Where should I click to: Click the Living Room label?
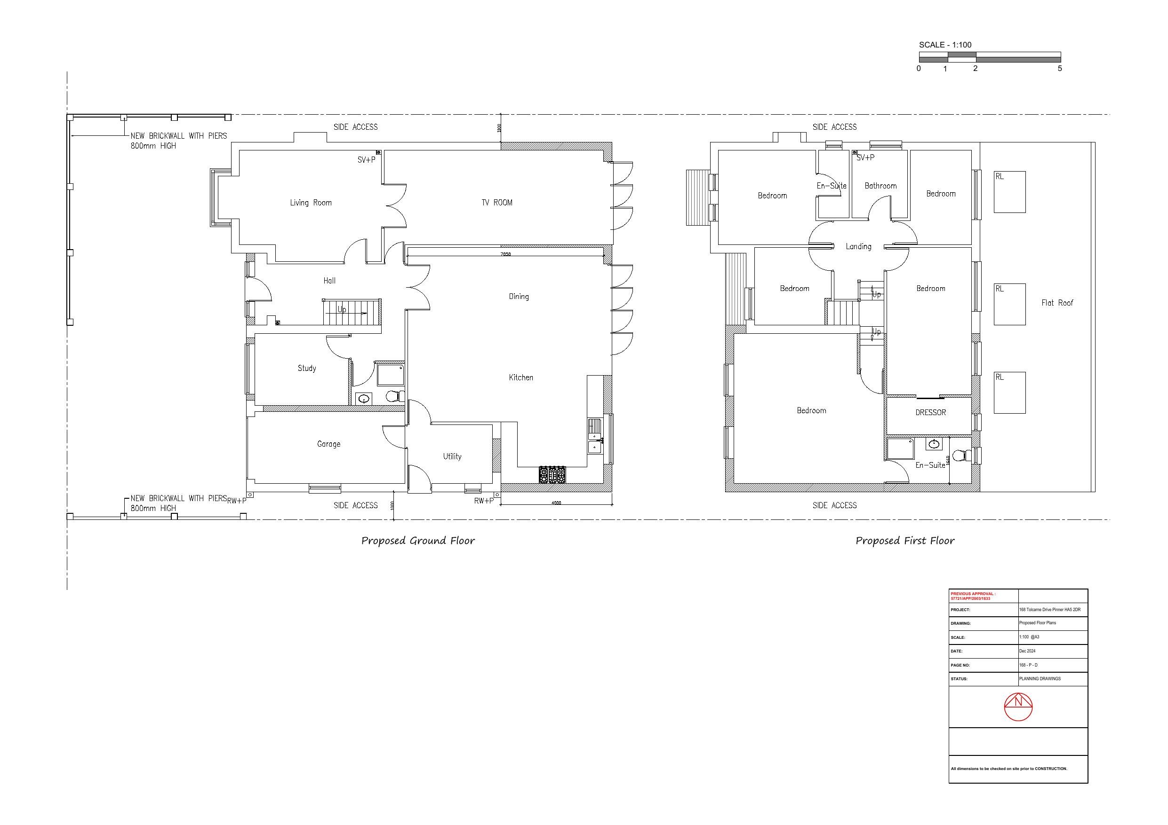click(310, 203)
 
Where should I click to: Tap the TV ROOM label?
click(497, 203)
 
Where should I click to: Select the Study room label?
click(307, 368)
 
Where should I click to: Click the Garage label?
click(328, 444)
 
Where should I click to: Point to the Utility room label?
click(452, 456)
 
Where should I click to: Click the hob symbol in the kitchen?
click(552, 474)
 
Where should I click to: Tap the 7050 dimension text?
click(506, 254)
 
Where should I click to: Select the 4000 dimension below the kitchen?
click(556, 503)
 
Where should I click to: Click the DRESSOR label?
click(930, 413)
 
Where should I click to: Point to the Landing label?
click(858, 246)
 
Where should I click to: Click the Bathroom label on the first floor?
click(880, 186)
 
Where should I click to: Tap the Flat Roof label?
click(1057, 303)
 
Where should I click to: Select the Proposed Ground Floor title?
click(418, 541)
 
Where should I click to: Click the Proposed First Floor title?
click(905, 541)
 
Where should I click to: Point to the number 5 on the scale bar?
click(1060, 69)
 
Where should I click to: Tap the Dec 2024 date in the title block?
click(1027, 651)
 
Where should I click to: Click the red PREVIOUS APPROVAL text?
click(973, 596)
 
